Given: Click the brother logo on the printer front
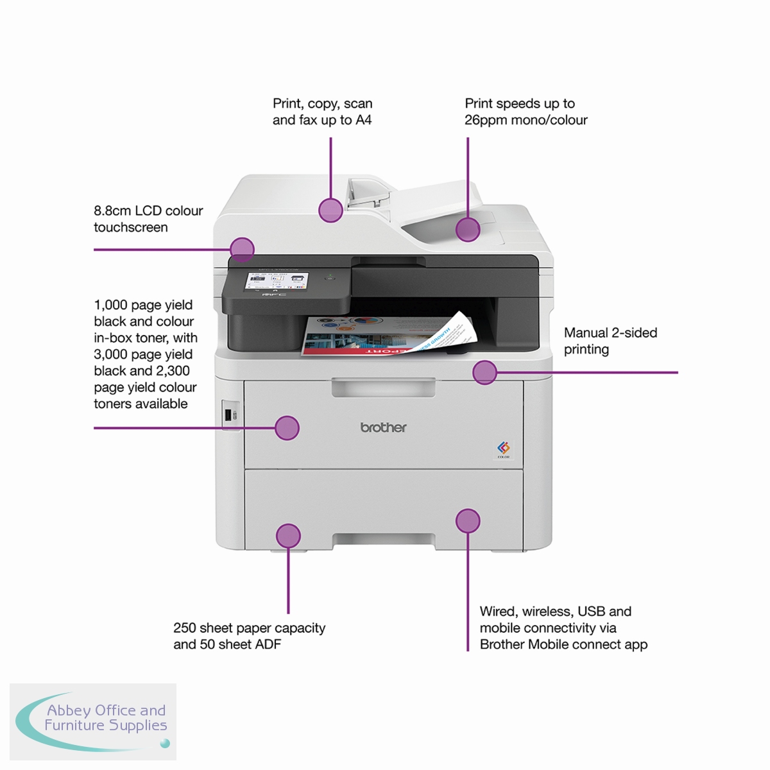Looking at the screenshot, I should tap(383, 427).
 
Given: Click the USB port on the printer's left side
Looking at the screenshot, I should tap(228, 415).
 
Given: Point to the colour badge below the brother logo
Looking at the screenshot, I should tap(503, 449).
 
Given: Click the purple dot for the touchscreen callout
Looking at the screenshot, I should tap(242, 249).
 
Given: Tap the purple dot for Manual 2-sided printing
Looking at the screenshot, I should tap(484, 372).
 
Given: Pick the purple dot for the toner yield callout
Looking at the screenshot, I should tap(287, 427).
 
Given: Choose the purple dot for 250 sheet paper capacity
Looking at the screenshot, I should tap(288, 536).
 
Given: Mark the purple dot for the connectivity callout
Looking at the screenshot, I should tap(468, 521).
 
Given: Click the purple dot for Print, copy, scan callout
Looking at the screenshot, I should tap(330, 210).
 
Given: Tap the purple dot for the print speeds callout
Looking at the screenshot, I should tap(468, 229).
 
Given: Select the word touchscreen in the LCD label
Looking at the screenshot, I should tap(130, 227).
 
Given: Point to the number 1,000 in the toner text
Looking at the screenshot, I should tap(110, 305).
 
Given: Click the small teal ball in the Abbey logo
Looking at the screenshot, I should tap(165, 744).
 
